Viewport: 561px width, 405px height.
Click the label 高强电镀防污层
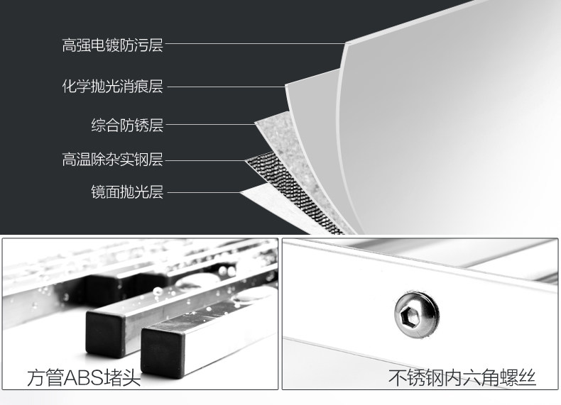[x=112, y=46]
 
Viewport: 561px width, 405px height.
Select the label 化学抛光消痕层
[x=112, y=87]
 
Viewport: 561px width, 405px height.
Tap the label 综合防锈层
[x=127, y=126]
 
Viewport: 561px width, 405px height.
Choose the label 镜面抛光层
[x=127, y=192]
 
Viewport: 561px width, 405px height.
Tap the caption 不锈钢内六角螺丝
[x=462, y=378]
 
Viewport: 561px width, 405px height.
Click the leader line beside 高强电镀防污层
[x=256, y=45]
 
